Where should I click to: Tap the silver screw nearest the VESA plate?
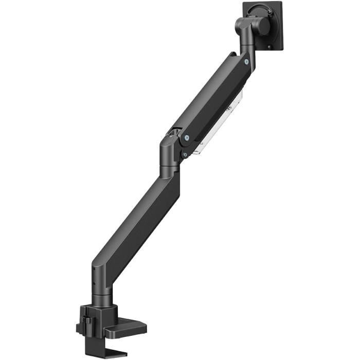(246, 62)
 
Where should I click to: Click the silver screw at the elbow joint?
(186, 138)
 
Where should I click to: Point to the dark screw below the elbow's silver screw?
(184, 154)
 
